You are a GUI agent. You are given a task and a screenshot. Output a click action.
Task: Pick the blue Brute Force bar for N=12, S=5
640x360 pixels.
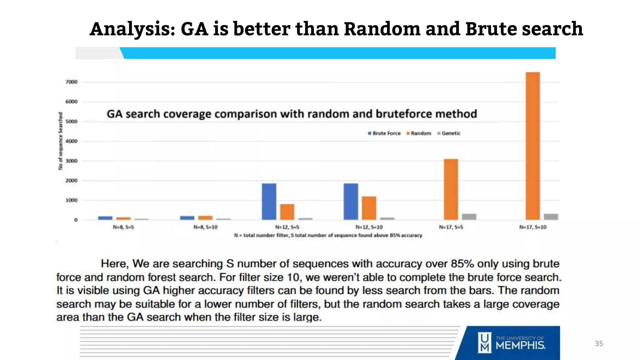point(269,202)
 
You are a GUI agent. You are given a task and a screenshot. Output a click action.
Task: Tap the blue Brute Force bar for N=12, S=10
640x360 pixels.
point(351,202)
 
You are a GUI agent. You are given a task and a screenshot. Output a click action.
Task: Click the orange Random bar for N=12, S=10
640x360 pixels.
point(369,208)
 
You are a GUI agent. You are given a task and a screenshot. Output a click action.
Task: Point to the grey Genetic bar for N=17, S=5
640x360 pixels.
point(469,217)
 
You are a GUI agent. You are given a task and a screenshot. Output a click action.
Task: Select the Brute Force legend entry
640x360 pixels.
point(384,133)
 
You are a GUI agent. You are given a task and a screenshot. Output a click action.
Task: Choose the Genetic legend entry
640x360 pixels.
point(449,133)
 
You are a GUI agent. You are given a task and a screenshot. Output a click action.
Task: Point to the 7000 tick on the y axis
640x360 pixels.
point(71,82)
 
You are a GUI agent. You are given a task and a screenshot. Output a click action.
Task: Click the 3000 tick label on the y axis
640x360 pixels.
point(71,161)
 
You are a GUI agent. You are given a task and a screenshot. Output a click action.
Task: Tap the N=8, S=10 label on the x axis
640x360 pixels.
point(205,227)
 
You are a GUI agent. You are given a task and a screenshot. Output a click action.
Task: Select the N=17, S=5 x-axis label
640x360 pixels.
point(451,227)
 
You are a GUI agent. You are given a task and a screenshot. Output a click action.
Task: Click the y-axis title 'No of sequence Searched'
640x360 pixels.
point(61,141)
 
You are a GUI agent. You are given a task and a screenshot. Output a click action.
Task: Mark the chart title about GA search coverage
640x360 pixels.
point(292,114)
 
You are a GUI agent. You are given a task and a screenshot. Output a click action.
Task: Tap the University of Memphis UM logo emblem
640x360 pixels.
point(484,343)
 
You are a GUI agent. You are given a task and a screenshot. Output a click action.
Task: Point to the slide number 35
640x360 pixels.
point(599,344)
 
